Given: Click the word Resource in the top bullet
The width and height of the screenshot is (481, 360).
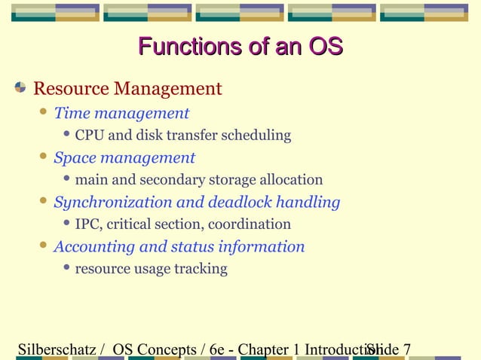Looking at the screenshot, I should coord(70,89).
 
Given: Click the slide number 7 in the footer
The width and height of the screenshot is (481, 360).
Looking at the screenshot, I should coord(406,349).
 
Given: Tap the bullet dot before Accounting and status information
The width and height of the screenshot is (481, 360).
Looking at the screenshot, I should coord(44,246).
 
